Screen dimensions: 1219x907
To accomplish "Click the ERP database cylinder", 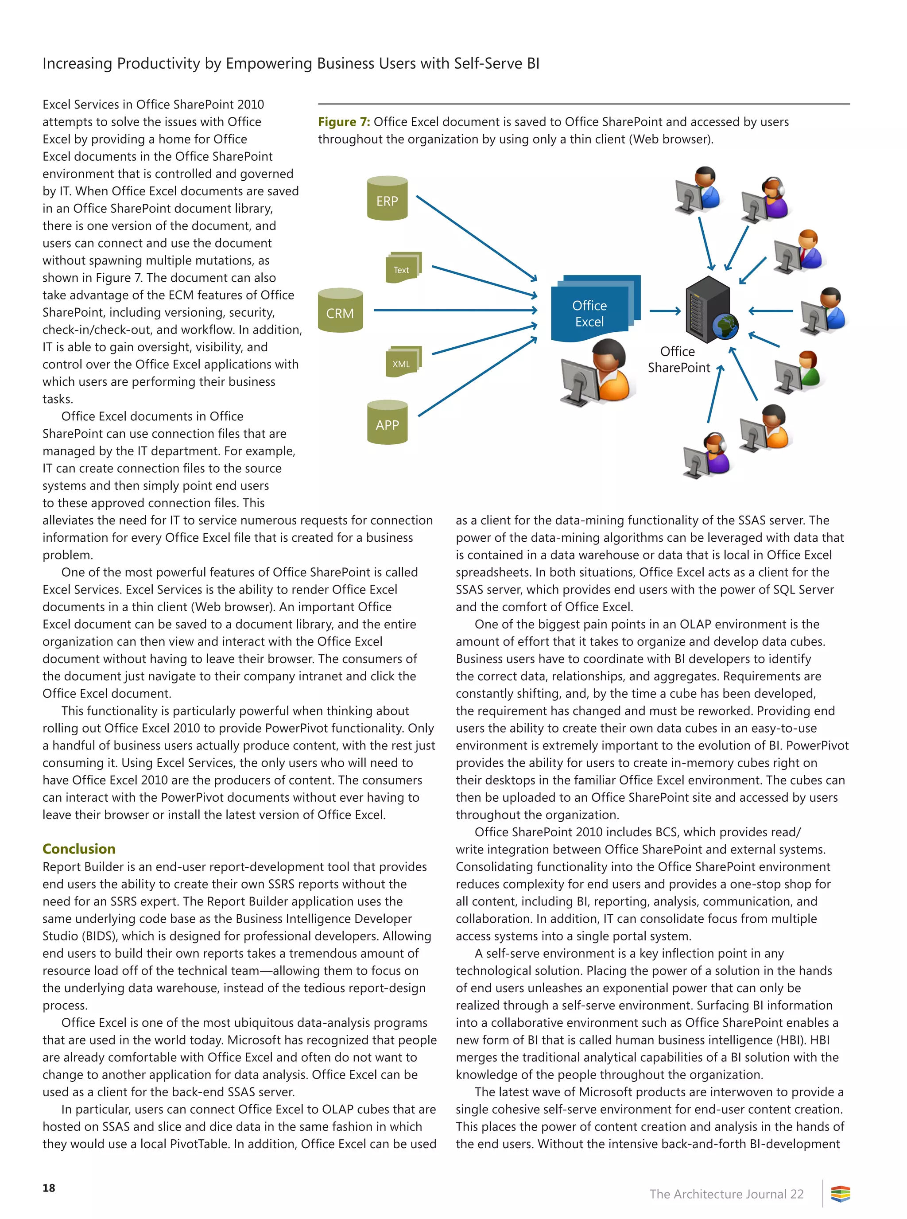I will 387,198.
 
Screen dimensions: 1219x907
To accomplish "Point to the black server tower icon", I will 707,307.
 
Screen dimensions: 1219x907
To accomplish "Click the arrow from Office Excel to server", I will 665,311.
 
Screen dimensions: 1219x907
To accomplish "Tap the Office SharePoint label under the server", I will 678,360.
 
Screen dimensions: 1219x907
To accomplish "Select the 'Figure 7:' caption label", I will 344,122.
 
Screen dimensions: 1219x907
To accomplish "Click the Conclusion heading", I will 79,849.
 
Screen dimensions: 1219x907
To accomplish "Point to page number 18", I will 49,1188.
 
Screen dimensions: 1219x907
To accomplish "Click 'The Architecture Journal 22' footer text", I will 726,1194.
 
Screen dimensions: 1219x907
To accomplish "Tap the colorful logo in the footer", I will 841,1194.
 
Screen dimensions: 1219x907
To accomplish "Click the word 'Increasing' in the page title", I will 78,64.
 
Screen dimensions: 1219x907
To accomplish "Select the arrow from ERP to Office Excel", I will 476,238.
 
